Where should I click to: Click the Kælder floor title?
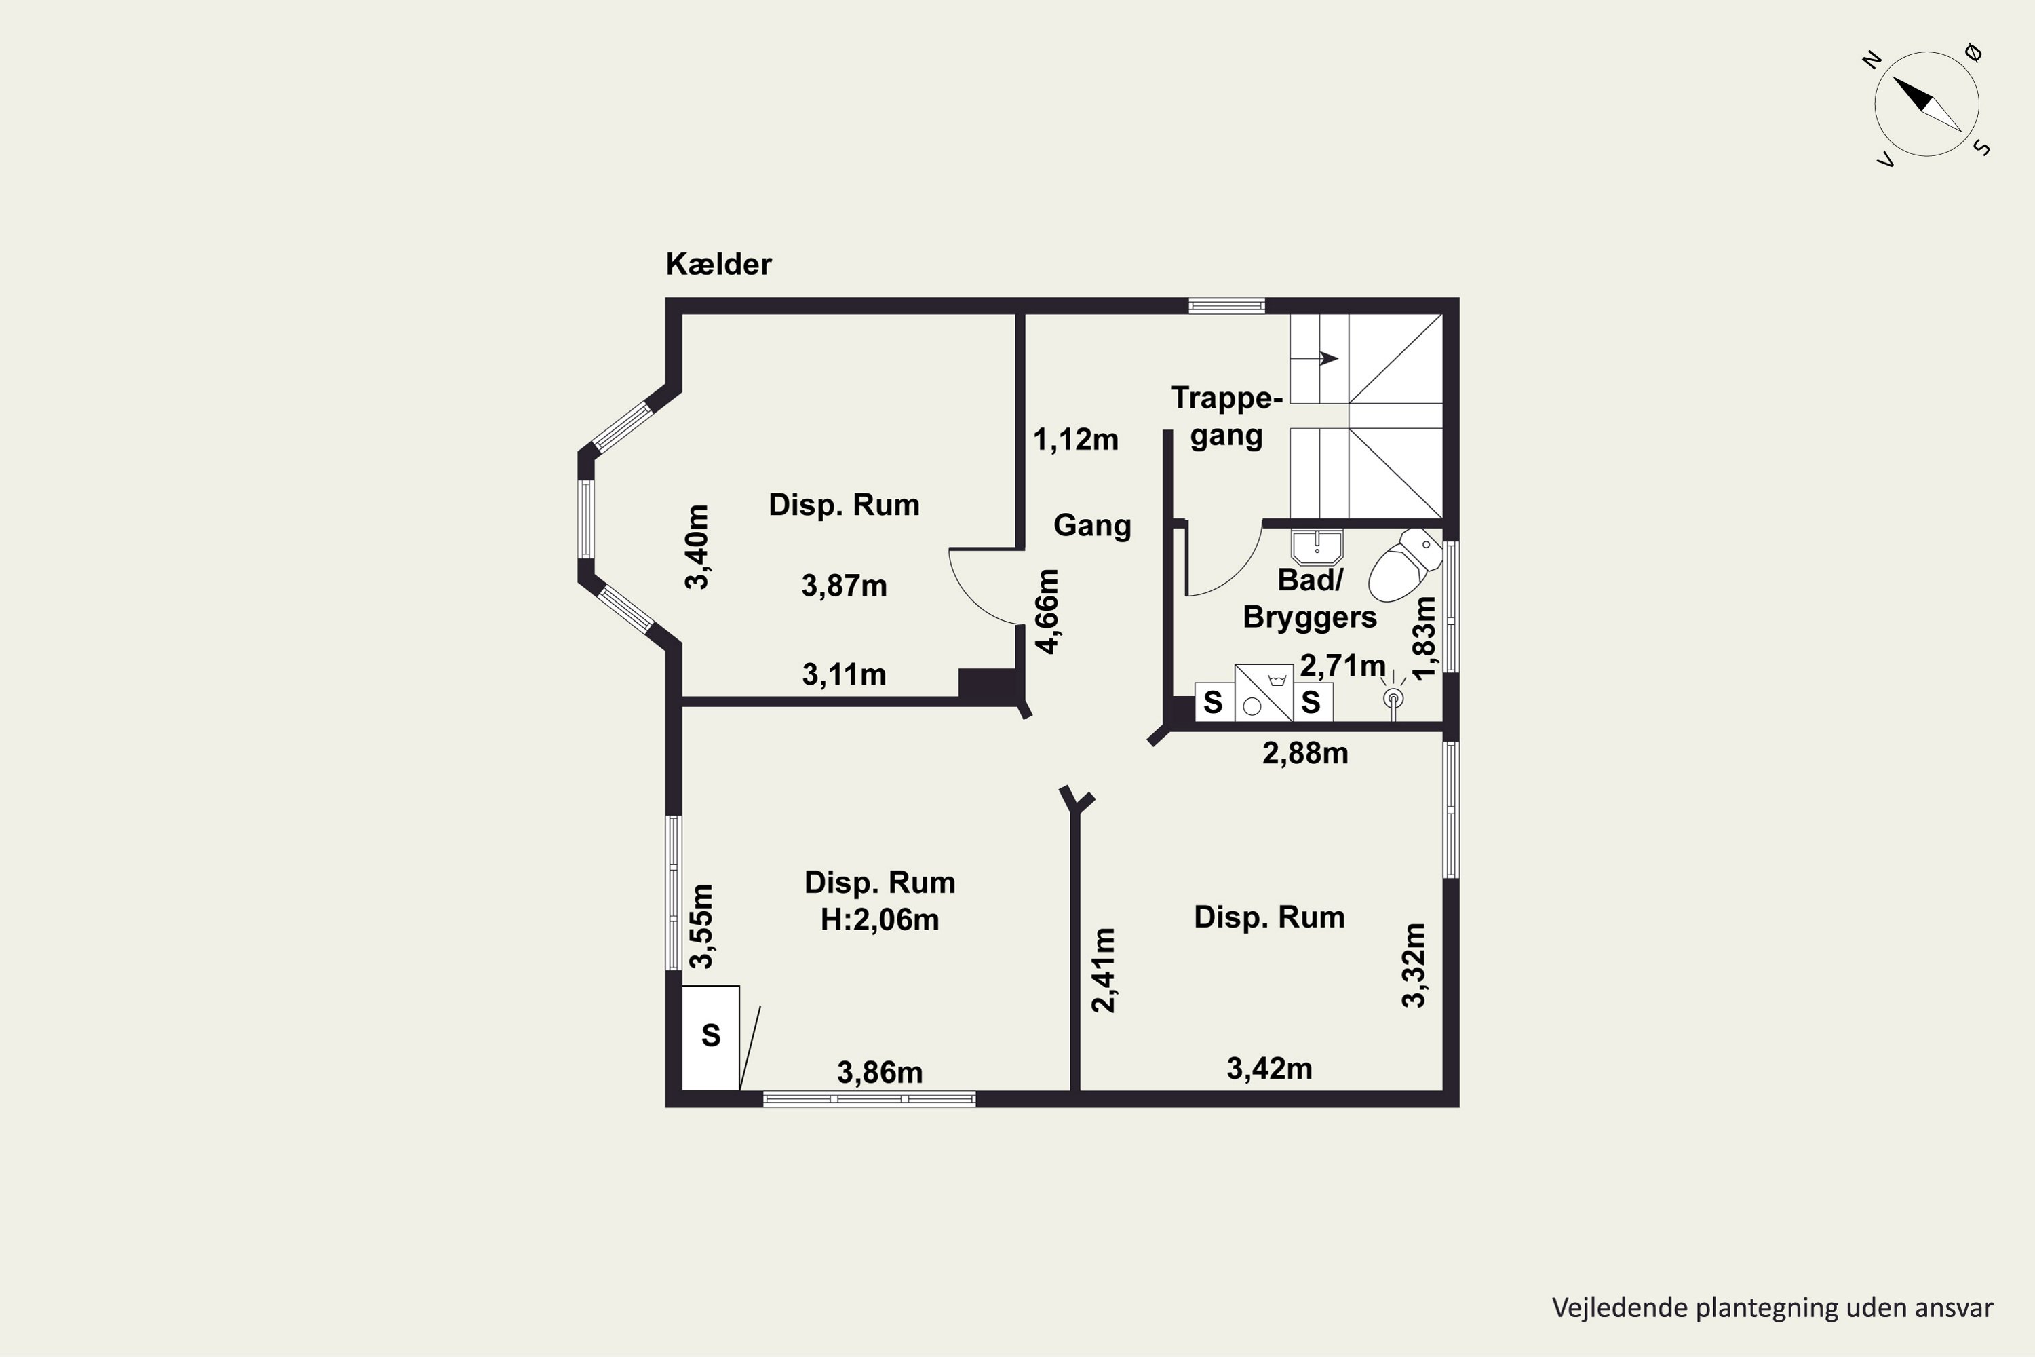[x=718, y=264]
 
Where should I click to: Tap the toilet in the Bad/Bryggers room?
[x=1404, y=565]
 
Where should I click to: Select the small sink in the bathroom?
[x=1317, y=547]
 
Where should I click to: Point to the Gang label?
[x=1092, y=525]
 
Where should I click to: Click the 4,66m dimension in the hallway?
[x=1047, y=611]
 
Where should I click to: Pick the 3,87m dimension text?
[x=844, y=586]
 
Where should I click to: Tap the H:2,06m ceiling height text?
[x=880, y=919]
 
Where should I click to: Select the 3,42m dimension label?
[x=1269, y=1069]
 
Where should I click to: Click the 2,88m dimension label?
[x=1304, y=753]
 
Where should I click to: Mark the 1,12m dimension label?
[x=1075, y=440]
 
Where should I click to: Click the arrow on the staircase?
[x=1329, y=358]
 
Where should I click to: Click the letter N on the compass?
[x=1872, y=60]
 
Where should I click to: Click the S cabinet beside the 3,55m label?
[x=710, y=1037]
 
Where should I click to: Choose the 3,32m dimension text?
[x=1413, y=965]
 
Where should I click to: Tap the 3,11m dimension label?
[x=844, y=674]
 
